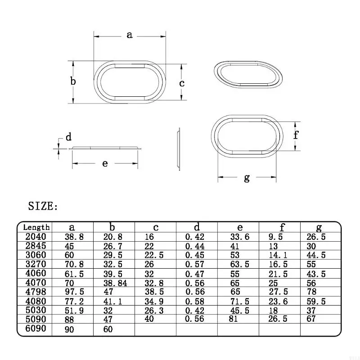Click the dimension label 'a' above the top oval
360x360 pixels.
coord(130,35)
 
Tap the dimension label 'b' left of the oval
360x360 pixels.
coord(73,81)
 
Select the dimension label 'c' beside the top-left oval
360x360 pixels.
coord(182,83)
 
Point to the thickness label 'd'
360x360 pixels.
coord(69,137)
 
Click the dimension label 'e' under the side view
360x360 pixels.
coord(105,163)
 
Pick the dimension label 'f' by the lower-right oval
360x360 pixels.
coord(296,135)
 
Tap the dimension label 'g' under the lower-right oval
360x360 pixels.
coord(247,178)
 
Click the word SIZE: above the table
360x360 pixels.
coord(43,206)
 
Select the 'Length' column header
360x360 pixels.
coord(36,227)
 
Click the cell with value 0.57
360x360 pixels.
coord(195,265)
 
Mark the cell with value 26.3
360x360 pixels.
coord(155,310)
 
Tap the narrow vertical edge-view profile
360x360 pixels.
coord(178,148)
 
